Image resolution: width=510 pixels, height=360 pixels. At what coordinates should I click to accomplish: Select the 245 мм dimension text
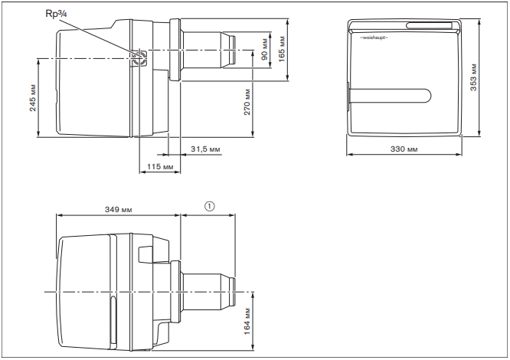point(33,97)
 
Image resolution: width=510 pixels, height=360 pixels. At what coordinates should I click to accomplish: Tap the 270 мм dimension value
point(247,102)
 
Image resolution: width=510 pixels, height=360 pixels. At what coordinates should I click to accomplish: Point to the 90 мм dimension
point(265,49)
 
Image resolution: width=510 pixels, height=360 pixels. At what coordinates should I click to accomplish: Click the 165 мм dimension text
point(282,49)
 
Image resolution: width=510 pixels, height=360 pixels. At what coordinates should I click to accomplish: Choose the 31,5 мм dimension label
point(205,149)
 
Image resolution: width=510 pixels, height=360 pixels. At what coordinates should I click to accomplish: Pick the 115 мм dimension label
point(160,167)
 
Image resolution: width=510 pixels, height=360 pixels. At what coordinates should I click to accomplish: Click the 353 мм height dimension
point(473,77)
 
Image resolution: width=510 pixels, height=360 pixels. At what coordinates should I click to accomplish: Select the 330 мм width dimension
point(404,149)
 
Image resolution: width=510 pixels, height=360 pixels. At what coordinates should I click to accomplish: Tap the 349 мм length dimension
point(119,209)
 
